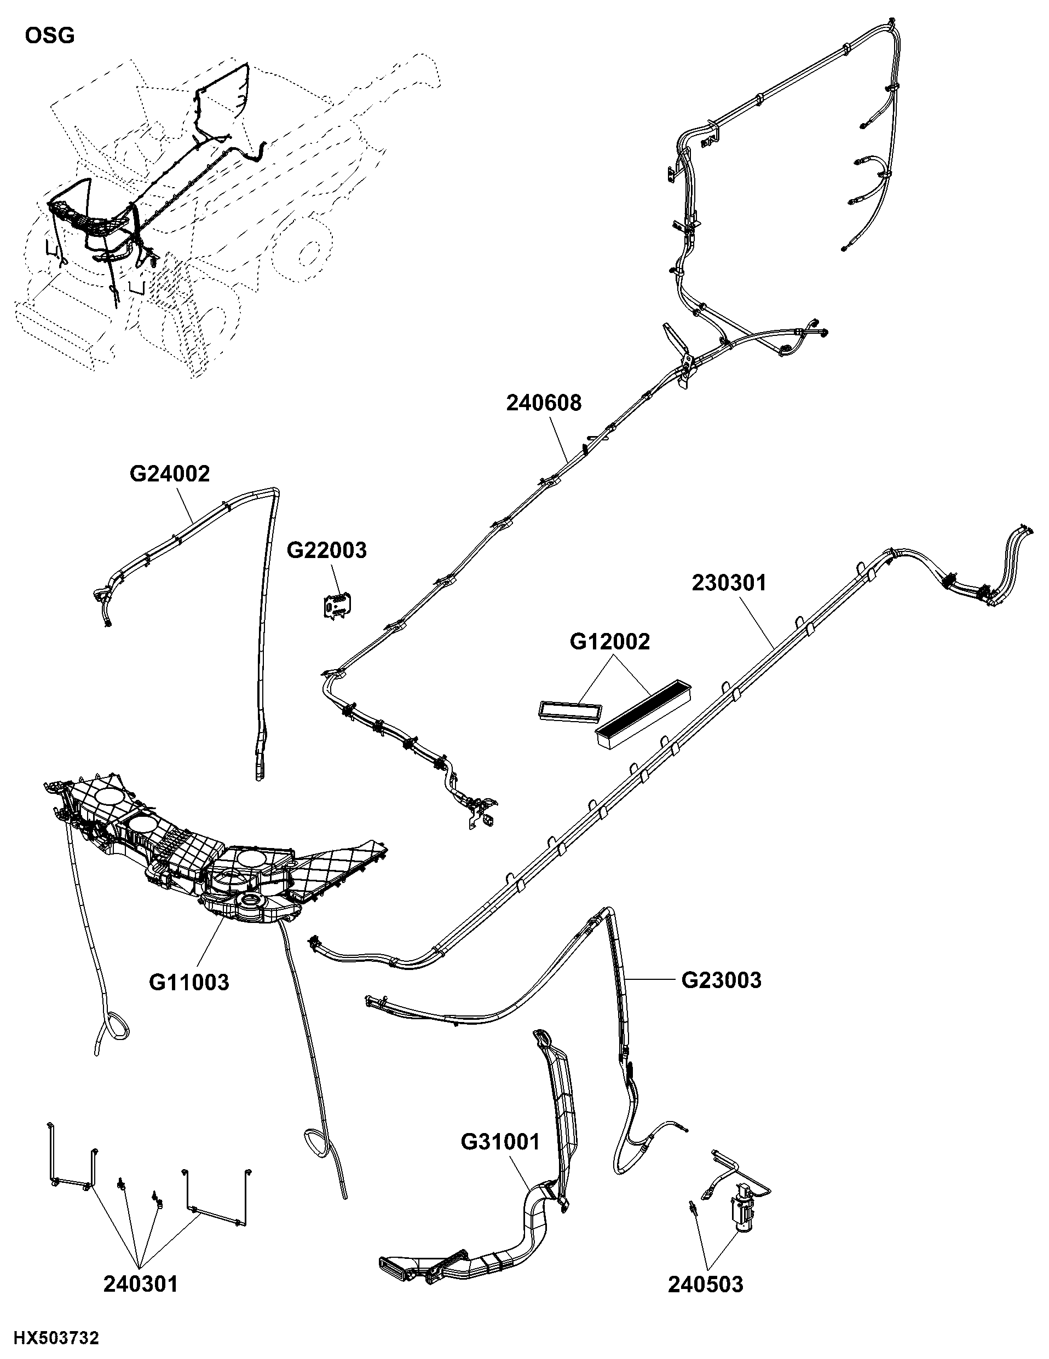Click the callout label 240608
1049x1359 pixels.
click(544, 403)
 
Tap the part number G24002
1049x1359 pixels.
click(170, 474)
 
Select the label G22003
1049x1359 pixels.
click(327, 550)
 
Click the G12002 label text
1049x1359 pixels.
click(609, 642)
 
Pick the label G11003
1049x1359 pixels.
click(189, 982)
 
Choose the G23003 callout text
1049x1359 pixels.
click(722, 980)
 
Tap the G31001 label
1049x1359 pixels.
click(500, 1142)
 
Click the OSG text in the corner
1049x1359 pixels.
click(50, 36)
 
